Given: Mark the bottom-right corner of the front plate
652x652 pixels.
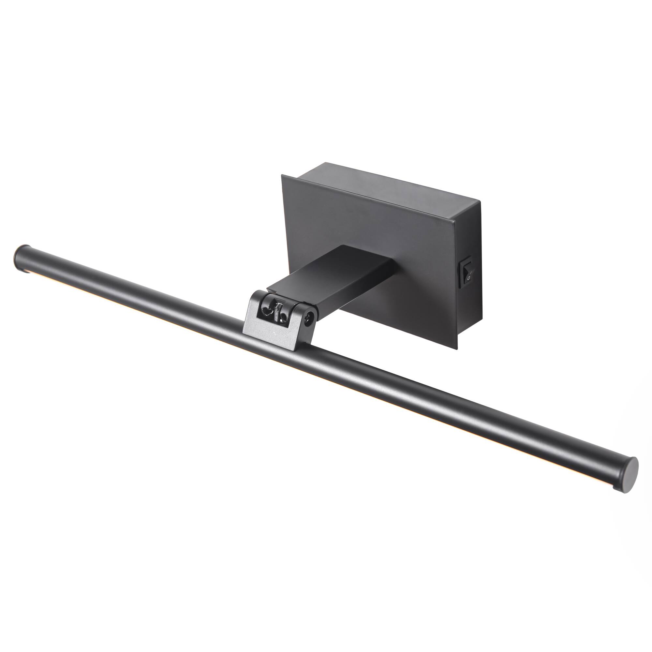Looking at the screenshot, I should coord(457,339).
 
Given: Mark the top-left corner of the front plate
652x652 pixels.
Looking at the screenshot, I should coord(282,175).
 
